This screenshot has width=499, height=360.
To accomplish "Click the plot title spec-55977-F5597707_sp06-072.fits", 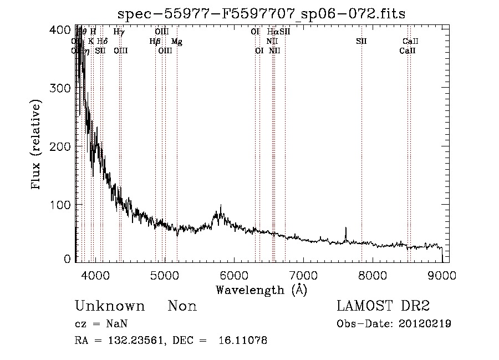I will tap(262, 14).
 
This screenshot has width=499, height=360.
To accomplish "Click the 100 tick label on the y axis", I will tap(62, 204).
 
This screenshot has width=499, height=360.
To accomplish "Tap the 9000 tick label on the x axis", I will tap(442, 275).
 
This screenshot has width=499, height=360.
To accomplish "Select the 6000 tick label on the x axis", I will tap(233, 275).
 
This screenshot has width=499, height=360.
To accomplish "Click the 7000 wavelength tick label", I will tap(303, 275).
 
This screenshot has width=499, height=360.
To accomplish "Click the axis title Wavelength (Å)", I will tap(261, 290).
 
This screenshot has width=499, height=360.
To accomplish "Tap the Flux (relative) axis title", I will tap(37, 145).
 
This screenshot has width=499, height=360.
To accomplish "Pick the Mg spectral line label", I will tap(176, 41).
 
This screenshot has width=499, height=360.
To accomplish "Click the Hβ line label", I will tap(155, 41).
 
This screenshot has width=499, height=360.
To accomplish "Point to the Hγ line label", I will tap(119, 32).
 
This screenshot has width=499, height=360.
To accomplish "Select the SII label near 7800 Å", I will tap(361, 41).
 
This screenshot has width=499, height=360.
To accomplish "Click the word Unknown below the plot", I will tap(110, 306).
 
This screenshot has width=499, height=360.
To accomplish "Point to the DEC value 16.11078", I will tap(244, 341).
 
